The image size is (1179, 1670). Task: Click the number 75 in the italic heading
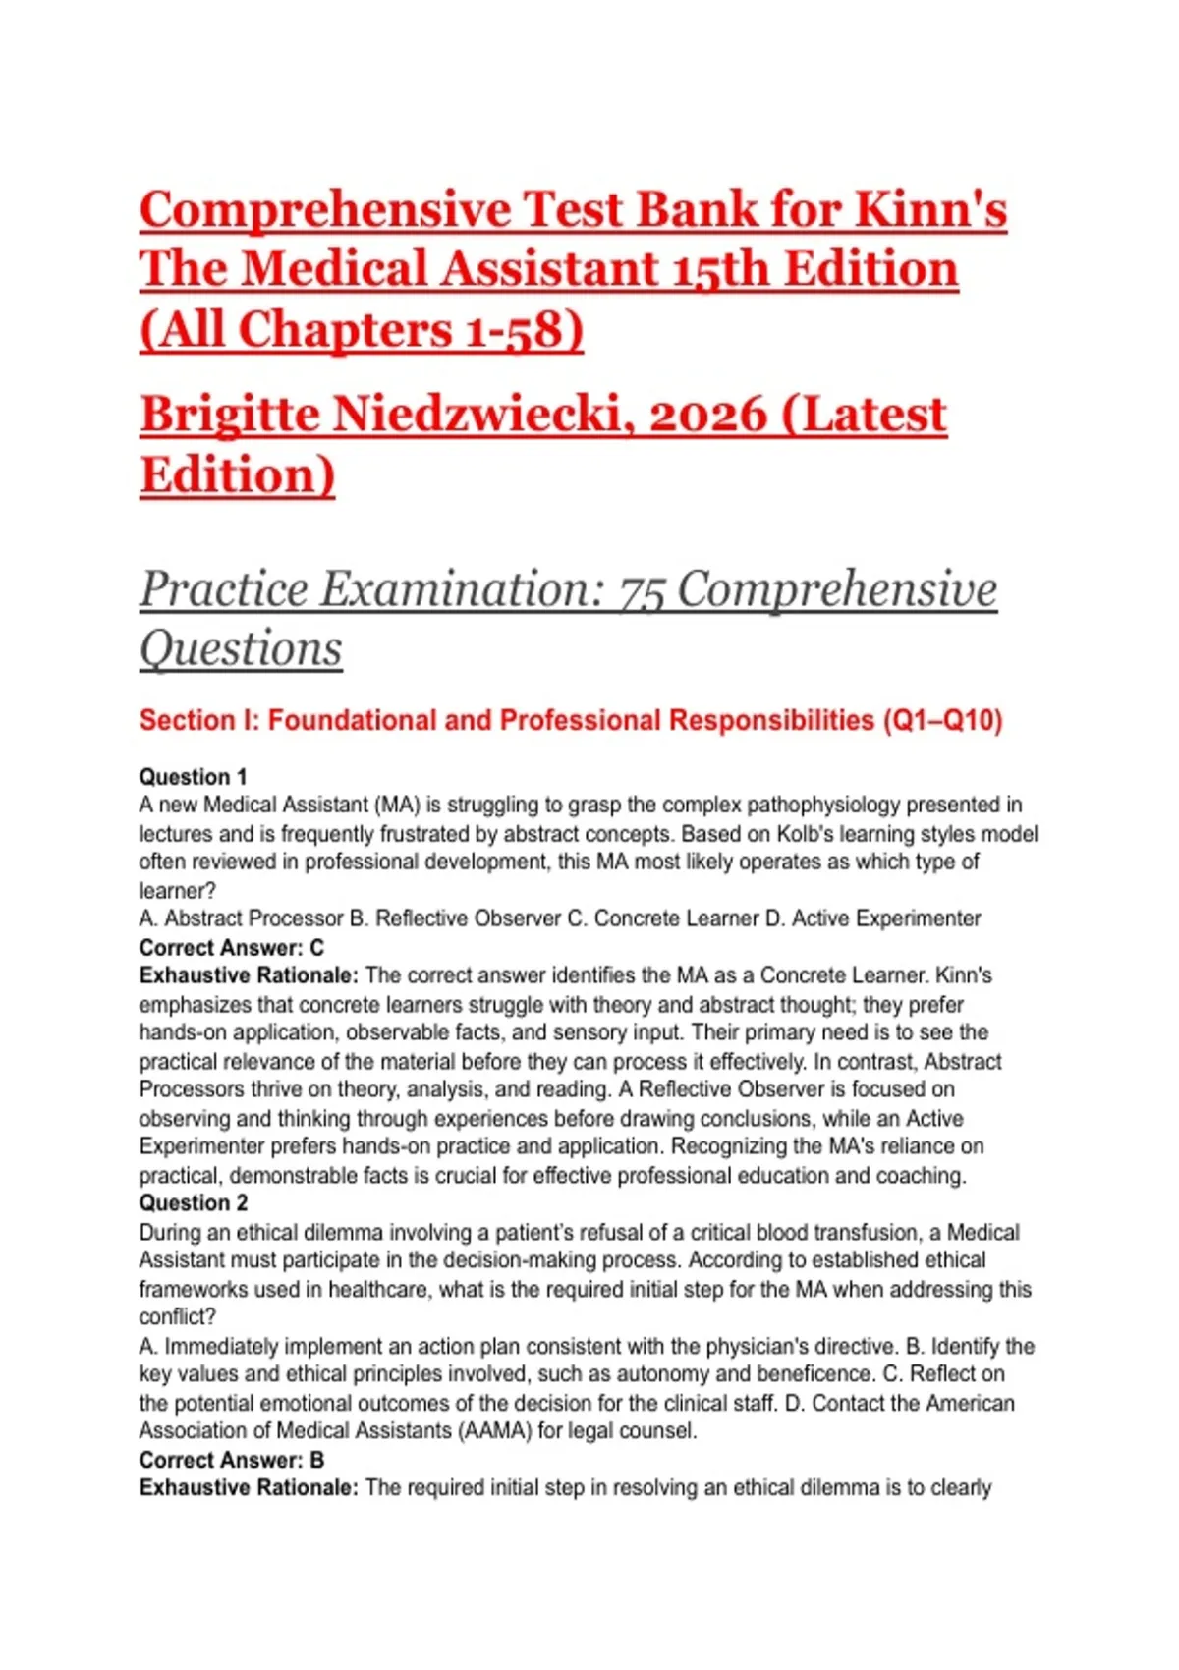[x=641, y=590]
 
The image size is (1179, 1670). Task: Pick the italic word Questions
[x=241, y=649]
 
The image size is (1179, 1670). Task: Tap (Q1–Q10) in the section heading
[x=942, y=721]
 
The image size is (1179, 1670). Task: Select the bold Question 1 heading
[x=193, y=777]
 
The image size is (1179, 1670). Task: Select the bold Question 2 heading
[x=194, y=1203]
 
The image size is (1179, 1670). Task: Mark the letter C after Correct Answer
[x=316, y=948]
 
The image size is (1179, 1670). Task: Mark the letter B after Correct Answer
[x=316, y=1460]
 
